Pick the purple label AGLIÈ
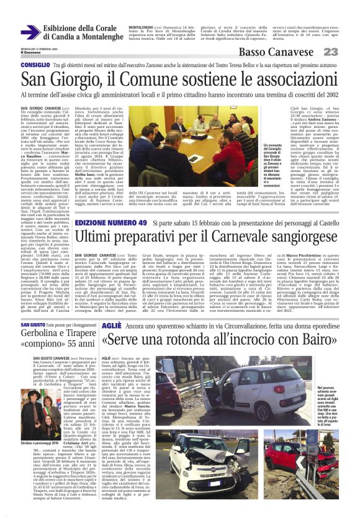click(x=111, y=326)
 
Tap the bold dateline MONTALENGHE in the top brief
click(x=141, y=28)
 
